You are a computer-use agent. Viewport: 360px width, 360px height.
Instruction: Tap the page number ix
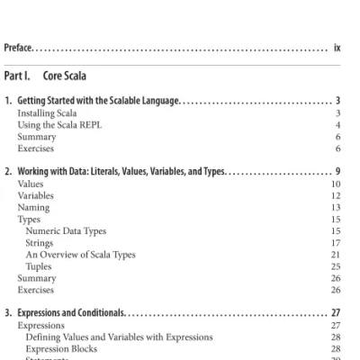[337, 42]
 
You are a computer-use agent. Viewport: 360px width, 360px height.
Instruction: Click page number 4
[337, 125]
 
